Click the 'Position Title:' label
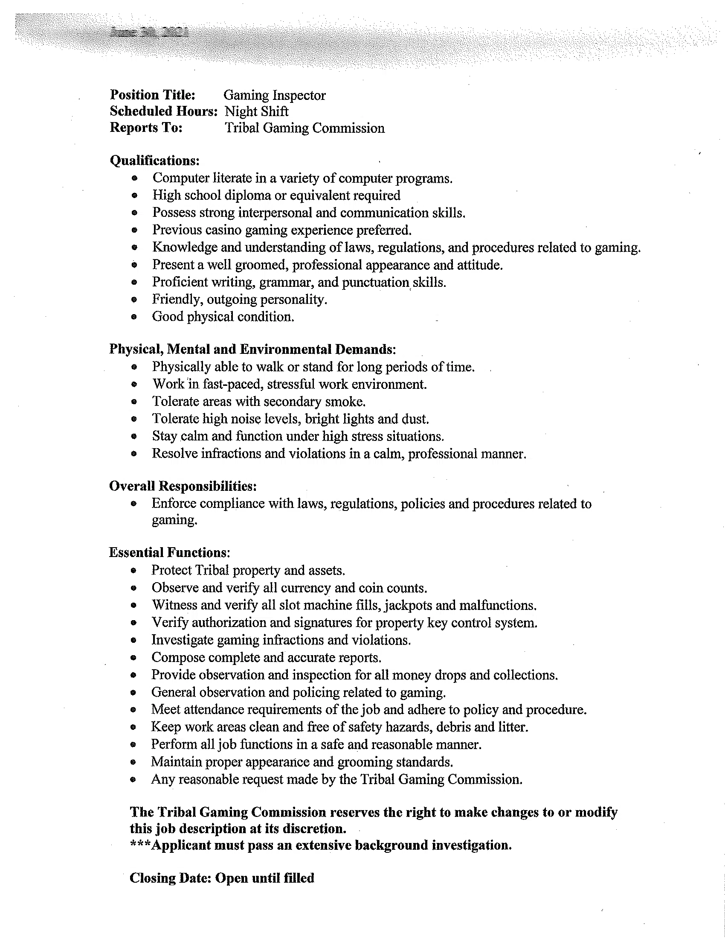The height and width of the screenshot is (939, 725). tap(153, 95)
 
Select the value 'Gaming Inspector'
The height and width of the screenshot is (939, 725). tap(275, 96)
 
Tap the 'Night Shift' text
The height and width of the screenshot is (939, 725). tap(256, 111)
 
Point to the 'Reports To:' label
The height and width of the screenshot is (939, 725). tap(146, 128)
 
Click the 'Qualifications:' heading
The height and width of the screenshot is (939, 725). tap(155, 160)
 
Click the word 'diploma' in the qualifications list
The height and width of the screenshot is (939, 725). tap(249, 195)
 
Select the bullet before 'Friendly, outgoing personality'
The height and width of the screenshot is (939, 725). tap(134, 300)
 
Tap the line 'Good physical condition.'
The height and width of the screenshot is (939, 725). tap(223, 317)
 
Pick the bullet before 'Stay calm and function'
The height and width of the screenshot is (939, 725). tap(134, 436)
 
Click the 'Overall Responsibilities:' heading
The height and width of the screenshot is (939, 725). tap(183, 486)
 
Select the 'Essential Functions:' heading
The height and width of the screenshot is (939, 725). tap(169, 552)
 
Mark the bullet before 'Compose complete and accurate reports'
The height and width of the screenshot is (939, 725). tap(133, 658)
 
